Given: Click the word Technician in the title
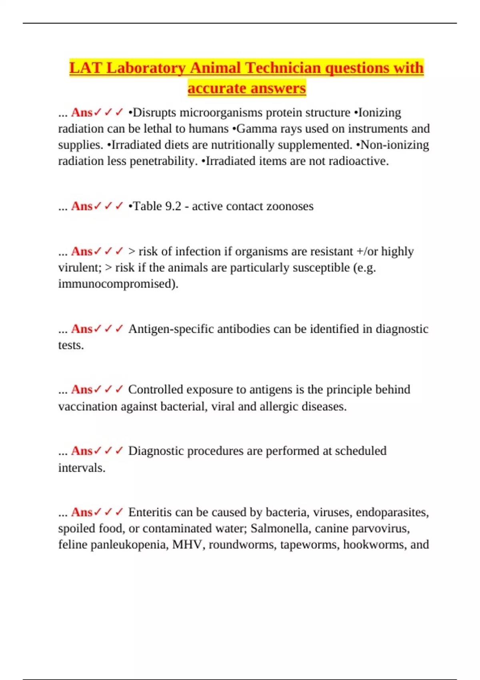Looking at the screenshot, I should click(282, 68).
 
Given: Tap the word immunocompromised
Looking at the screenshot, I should click(118, 284).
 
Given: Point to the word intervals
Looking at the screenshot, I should click(81, 468).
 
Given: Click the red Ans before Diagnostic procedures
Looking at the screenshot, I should click(82, 451).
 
